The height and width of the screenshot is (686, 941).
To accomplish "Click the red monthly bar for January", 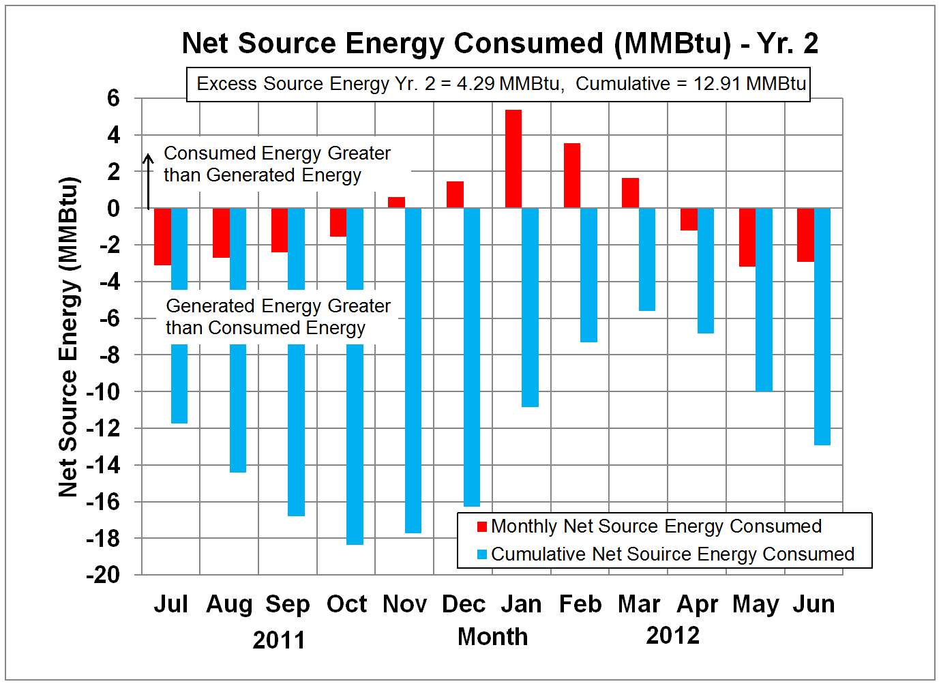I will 513,159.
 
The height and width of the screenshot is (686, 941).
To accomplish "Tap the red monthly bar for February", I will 572,175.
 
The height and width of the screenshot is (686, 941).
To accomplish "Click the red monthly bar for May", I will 747,237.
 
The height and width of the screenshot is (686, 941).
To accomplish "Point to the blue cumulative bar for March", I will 647,259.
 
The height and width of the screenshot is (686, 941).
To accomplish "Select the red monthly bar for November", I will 396,203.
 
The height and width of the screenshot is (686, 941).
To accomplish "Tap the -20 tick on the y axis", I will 102,575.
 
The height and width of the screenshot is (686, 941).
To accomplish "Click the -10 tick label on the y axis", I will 102,392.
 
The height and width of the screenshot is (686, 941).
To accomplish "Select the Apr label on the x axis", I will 697,604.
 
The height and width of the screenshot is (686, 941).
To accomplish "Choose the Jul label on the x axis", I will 170,604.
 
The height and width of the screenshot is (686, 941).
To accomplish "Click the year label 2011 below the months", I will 279,640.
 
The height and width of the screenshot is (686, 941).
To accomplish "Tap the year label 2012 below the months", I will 672,635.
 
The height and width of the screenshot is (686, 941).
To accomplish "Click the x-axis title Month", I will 492,636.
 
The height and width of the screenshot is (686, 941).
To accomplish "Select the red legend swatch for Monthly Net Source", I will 482,526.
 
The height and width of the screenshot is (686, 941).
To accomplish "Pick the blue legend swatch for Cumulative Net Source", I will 482,554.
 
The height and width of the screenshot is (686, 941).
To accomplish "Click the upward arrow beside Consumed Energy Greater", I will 148,181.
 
